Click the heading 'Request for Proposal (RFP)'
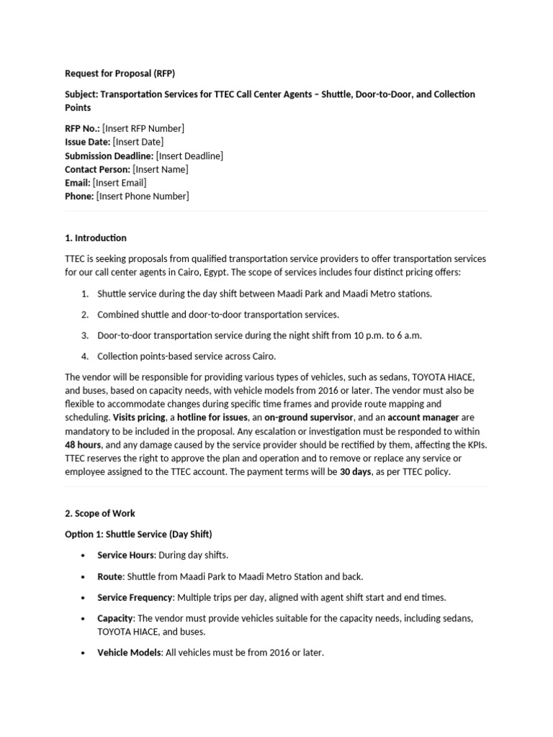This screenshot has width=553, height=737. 120,73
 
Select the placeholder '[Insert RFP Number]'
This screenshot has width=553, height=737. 143,128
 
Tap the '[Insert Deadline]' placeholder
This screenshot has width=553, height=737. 189,155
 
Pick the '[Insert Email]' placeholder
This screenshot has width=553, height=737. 120,183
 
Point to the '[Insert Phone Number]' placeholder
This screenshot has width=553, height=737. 143,196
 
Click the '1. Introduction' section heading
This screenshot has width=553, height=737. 96,238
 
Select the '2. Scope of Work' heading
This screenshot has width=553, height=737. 100,514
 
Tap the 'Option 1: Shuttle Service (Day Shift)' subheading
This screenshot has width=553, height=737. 138,534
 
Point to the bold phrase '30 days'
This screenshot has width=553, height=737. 356,472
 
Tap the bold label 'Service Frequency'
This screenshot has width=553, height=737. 135,597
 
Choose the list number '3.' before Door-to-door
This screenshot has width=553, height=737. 84,335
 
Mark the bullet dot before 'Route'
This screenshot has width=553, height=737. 84,577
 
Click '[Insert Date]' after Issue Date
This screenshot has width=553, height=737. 138,142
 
